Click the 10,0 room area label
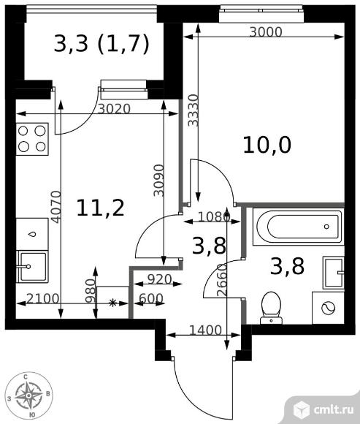click(x=267, y=145)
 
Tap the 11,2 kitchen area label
click(x=101, y=208)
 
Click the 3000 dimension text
click(x=266, y=32)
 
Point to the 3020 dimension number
click(x=114, y=109)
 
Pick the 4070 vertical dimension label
click(x=56, y=207)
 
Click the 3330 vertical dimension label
click(x=194, y=110)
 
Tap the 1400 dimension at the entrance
click(x=205, y=330)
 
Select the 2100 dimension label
click(x=42, y=298)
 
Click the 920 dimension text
click(x=160, y=279)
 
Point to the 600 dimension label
click(x=151, y=298)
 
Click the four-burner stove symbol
click(x=32, y=139)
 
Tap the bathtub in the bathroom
click(x=299, y=227)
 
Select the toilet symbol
click(x=271, y=308)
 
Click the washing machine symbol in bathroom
click(x=328, y=308)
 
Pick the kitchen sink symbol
click(x=32, y=267)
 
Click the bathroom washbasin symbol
click(x=334, y=273)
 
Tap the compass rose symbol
click(x=29, y=395)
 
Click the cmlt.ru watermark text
click(x=334, y=409)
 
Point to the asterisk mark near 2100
click(x=112, y=303)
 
